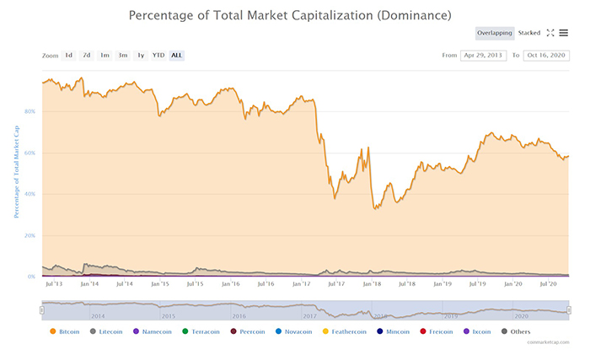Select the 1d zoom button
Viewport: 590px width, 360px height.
coord(69,56)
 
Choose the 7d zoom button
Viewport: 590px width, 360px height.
coord(87,56)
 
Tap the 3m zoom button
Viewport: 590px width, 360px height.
coord(123,56)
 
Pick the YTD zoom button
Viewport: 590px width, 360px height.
coord(158,56)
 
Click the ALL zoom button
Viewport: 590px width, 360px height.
coord(176,56)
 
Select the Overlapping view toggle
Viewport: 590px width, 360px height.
coord(494,33)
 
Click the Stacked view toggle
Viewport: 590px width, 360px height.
coord(529,33)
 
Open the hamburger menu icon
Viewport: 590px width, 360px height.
coord(563,33)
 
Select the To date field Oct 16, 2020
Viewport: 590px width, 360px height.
coord(546,56)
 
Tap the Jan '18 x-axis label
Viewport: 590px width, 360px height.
coord(372,285)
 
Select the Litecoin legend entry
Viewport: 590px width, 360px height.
coord(106,332)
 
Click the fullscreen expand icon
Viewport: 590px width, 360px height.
coord(550,33)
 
